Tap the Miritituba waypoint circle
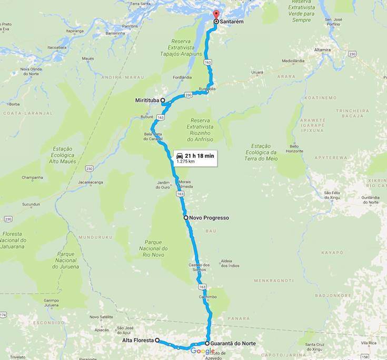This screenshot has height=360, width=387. click(163, 100)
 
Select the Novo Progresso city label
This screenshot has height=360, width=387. click(209, 217)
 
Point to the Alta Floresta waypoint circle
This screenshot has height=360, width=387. click(157, 341)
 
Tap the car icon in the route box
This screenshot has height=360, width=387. click(180, 156)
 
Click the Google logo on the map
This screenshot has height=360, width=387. click(202, 351)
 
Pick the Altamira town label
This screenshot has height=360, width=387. click(322, 49)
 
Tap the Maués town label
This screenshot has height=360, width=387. click(88, 58)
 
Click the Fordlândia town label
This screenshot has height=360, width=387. click(179, 77)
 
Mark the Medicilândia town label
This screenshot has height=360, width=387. click(293, 61)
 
